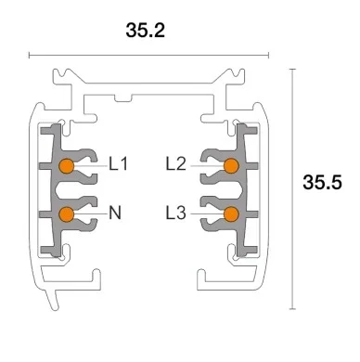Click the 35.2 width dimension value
click(145, 31)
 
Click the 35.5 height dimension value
click(322, 182)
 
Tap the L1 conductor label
click(118, 165)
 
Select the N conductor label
click(115, 213)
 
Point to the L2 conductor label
click(176, 165)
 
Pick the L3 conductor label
click(176, 213)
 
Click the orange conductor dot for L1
click(66, 166)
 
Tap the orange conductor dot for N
click(66, 214)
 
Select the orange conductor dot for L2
click(231, 166)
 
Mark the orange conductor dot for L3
click(231, 214)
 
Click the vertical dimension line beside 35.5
click(292, 186)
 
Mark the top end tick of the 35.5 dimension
click(292, 68)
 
